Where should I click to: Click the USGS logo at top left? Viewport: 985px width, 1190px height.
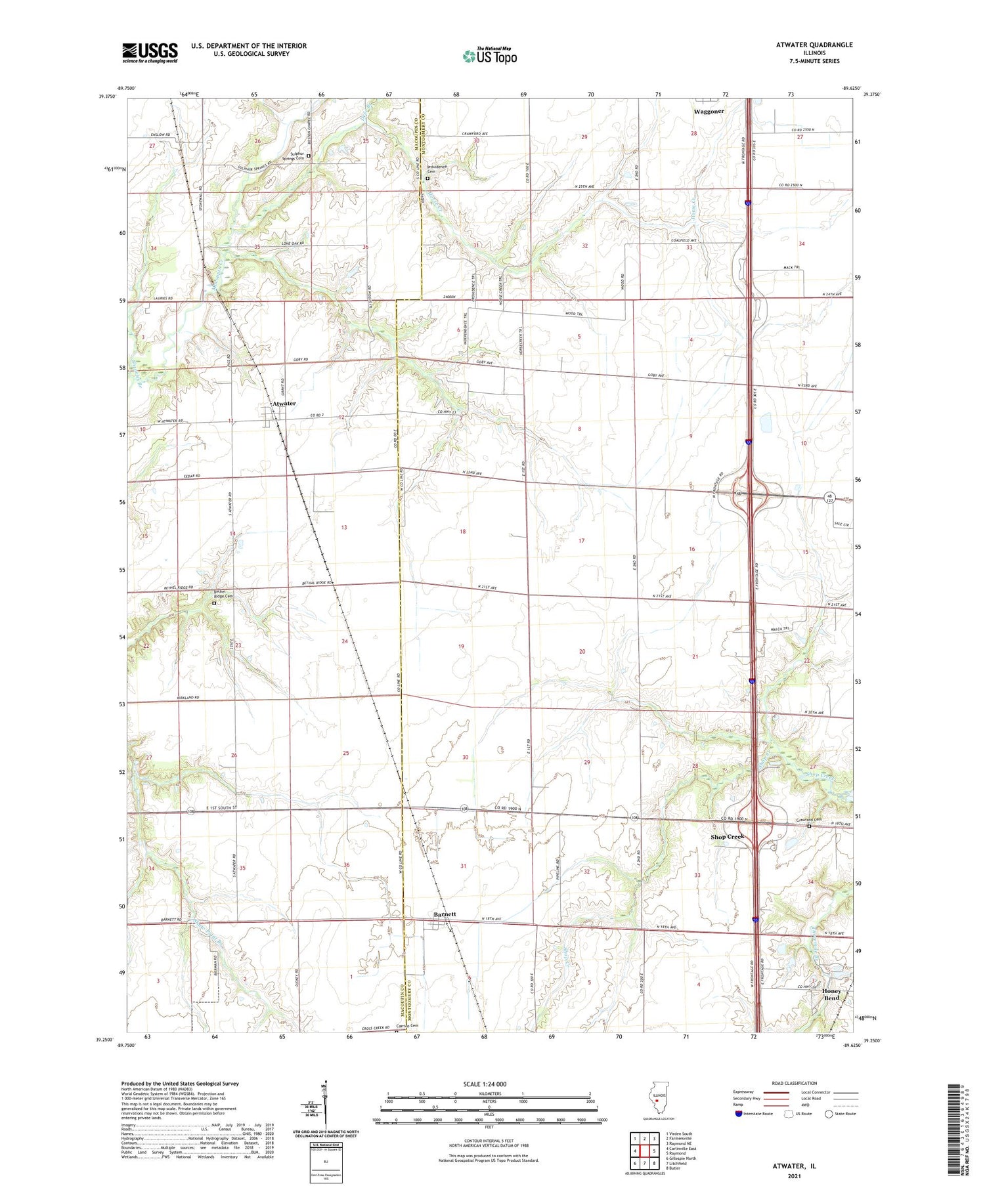pos(150,53)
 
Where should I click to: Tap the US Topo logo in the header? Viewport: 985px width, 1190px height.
pos(489,56)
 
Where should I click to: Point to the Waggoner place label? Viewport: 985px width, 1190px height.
pos(709,112)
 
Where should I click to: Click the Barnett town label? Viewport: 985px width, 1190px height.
pos(445,914)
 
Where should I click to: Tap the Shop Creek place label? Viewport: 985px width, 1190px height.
pos(728,837)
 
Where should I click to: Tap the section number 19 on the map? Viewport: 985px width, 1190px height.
pos(461,647)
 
